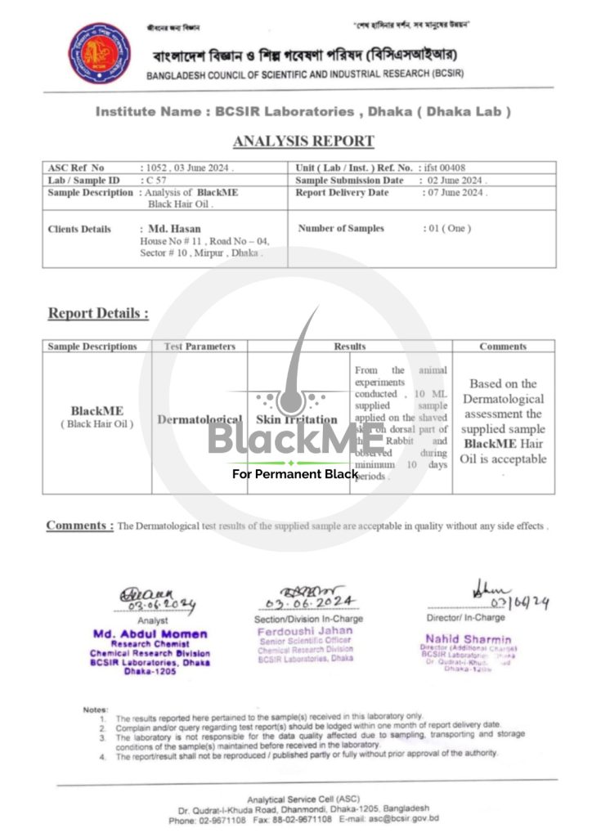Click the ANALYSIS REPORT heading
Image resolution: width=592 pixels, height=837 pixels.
303,141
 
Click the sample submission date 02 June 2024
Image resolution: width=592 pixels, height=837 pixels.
455,181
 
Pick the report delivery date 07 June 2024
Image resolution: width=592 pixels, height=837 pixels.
455,193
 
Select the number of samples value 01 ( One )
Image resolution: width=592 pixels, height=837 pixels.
448,229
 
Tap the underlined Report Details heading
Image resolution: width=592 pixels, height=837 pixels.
98,313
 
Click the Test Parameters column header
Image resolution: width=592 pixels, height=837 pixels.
200,347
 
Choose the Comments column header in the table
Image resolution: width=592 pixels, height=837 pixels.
503,347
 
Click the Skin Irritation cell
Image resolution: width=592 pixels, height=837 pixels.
297,419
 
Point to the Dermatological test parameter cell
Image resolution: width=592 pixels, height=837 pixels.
200,419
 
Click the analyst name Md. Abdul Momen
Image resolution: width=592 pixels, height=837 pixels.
150,633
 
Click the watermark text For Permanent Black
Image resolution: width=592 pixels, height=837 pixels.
295,474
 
